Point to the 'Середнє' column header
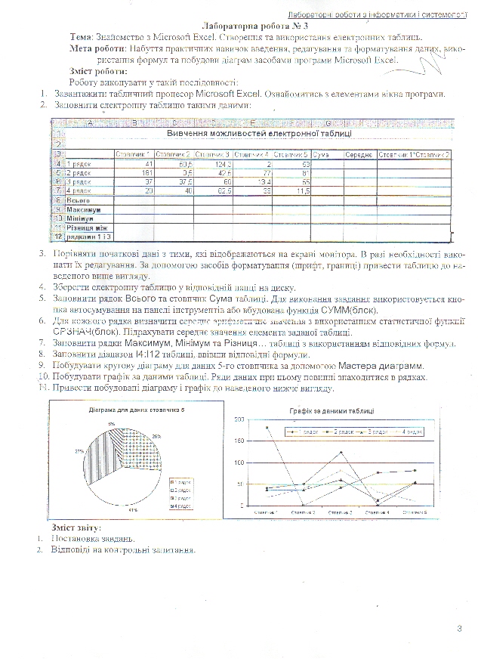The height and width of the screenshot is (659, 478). click(x=359, y=154)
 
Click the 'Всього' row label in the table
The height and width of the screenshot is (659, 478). click(x=79, y=200)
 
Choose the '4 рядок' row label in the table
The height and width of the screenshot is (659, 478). click(x=80, y=191)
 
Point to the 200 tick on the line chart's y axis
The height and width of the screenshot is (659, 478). click(x=241, y=419)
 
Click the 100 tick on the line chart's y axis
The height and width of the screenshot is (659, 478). click(x=241, y=463)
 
